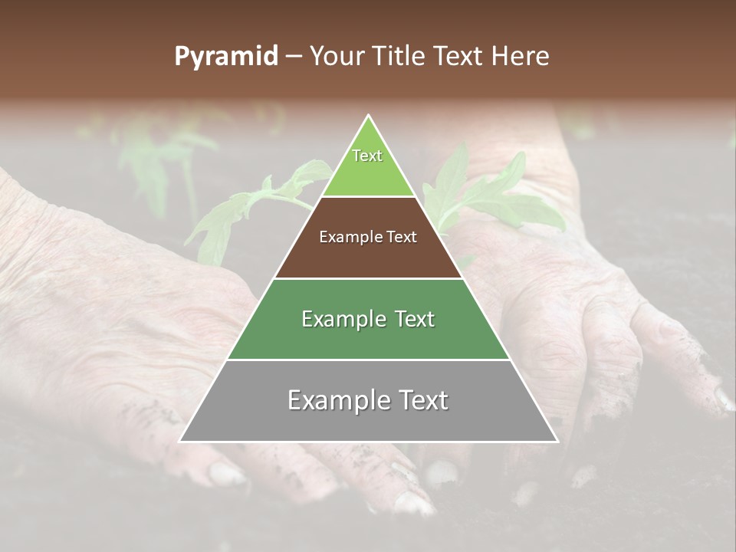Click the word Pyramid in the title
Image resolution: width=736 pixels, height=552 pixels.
[225, 57]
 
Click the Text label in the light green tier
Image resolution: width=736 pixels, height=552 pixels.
[367, 156]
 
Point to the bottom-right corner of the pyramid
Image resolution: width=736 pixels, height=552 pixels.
[557, 441]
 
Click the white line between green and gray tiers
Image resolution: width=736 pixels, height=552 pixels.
[368, 360]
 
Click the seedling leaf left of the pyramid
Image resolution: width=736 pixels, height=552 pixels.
[230, 215]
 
